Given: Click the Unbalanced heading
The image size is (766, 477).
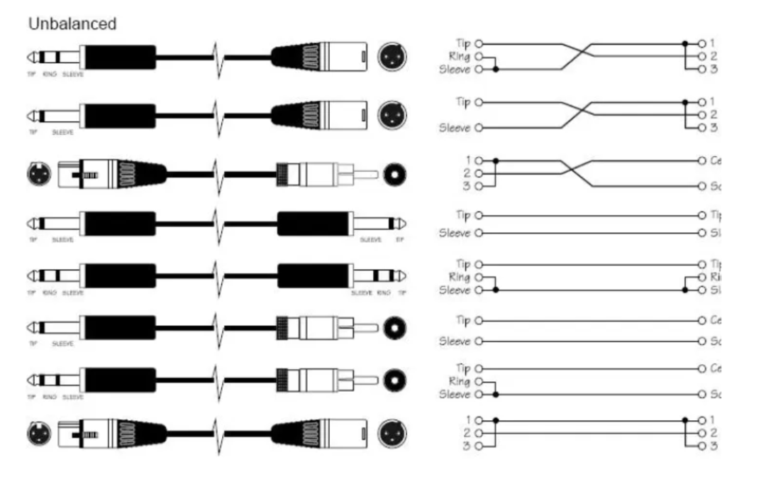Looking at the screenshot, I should coord(72,23).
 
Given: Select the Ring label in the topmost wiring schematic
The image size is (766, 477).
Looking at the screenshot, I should coord(460,56).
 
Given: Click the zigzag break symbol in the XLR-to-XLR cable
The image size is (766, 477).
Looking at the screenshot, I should coord(218,431).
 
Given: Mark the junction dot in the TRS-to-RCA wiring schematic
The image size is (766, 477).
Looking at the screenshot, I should coord(495,393).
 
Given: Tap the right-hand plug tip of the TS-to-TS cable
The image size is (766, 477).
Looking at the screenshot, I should coord(401,224).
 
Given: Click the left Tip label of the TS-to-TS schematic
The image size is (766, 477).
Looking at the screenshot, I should coord(462,214).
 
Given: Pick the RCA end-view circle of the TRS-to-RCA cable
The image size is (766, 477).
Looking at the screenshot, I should coord(396,380).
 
